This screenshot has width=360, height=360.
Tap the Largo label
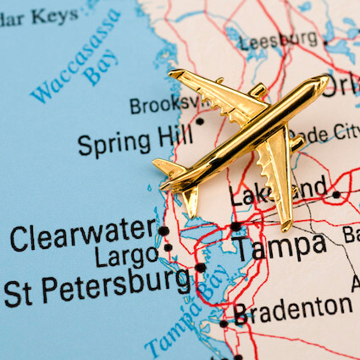pos(125,255)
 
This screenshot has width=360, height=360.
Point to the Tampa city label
pos(280,247)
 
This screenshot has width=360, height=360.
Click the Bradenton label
pos(293,309)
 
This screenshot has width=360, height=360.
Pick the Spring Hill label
pos(136,141)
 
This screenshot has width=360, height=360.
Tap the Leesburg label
pos(279,41)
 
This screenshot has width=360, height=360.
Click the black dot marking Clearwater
pos(163,230)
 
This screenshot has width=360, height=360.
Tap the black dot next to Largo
pos(168,248)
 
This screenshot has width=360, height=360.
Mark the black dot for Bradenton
pos(224,323)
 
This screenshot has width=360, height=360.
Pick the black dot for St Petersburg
pos(201,268)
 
